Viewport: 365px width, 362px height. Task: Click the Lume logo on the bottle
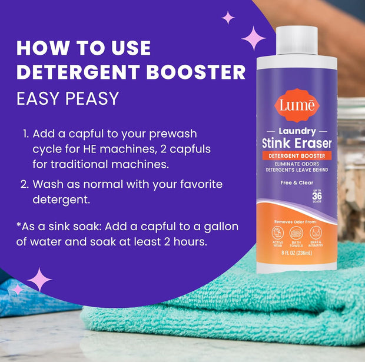(x=296, y=105)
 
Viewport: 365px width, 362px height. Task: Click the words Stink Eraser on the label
(x=297, y=142)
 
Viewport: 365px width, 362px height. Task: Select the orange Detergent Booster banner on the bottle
(x=297, y=156)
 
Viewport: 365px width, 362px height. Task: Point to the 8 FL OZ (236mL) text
(x=296, y=255)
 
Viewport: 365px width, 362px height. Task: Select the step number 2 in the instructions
(x=25, y=185)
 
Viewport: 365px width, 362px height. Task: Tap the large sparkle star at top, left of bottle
(x=253, y=38)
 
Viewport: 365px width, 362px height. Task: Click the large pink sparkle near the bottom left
(x=39, y=280)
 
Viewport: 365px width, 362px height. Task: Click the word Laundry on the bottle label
(x=297, y=131)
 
